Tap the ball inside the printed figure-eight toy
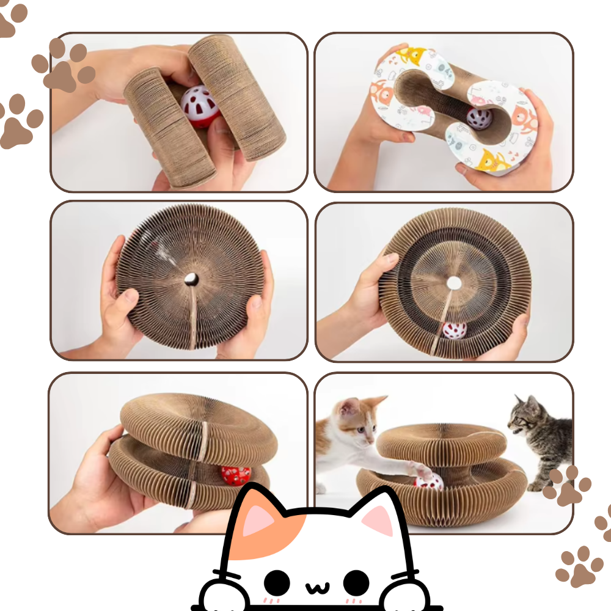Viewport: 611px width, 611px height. (x=479, y=117)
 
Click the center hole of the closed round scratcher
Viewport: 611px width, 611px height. (x=191, y=279)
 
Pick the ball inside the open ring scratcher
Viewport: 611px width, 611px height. (x=454, y=331)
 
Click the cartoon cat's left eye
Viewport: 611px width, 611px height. (x=276, y=581)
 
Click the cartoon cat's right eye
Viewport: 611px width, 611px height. (x=356, y=581)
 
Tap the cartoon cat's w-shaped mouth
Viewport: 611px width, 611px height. (x=316, y=587)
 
